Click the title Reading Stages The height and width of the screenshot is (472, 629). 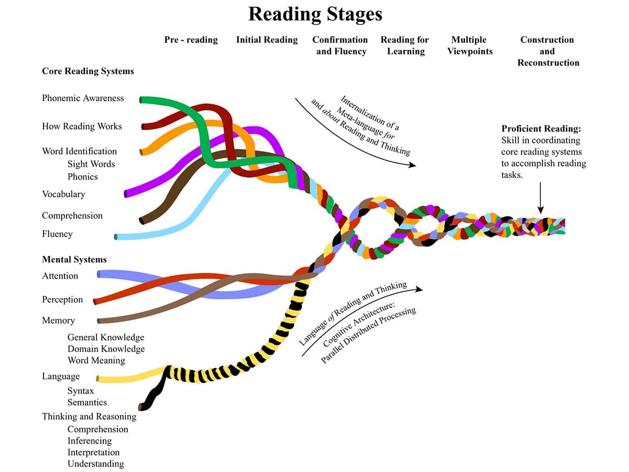click(x=315, y=14)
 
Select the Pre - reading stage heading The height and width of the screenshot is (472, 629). click(x=191, y=40)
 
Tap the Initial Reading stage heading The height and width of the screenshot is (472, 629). click(x=267, y=40)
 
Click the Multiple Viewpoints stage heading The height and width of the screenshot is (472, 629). click(x=469, y=46)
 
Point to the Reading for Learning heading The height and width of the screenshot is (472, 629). click(x=405, y=46)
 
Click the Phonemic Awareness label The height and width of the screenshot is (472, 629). click(x=83, y=98)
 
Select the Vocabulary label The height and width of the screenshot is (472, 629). click(x=63, y=194)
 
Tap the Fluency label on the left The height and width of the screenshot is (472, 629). click(x=57, y=234)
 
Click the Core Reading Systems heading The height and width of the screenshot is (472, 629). click(x=88, y=71)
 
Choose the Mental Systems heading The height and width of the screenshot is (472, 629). click(x=74, y=259)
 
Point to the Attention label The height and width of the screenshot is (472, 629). click(x=60, y=276)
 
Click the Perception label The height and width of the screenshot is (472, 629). click(x=62, y=299)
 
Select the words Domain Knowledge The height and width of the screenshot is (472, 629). click(x=106, y=349)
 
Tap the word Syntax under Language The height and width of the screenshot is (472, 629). click(x=81, y=391)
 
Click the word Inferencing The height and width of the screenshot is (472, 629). click(x=90, y=441)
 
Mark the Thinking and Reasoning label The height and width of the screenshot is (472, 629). click(x=89, y=416)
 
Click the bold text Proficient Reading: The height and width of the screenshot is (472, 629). click(x=541, y=128)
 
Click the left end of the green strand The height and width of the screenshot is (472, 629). click(x=142, y=99)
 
